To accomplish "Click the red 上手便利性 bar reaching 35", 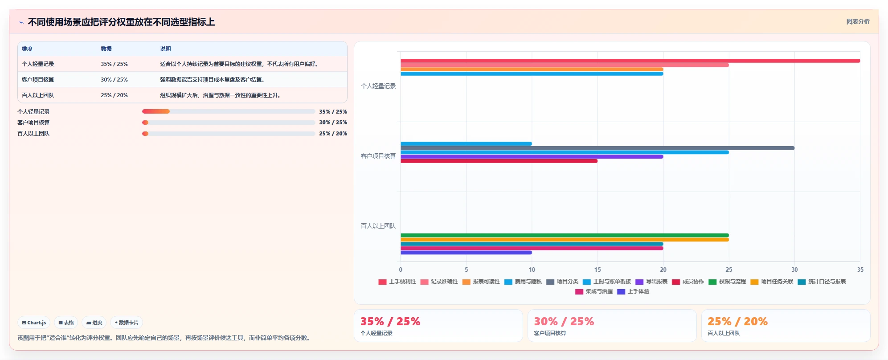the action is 630,61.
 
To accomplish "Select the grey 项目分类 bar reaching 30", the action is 597,148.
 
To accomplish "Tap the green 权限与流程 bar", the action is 565,235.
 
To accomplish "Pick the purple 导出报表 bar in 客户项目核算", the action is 532,157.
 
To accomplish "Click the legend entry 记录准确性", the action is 439,282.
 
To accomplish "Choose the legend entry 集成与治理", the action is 594,291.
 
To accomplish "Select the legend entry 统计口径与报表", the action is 822,282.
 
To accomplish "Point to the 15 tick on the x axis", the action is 597,270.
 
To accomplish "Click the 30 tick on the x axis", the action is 794,270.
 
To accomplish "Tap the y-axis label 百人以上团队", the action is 378,226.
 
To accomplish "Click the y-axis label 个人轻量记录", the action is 378,86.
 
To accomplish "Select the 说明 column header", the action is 165,49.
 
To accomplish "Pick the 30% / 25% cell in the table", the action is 114,80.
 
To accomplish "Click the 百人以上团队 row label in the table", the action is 38,95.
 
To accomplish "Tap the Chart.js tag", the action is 34,323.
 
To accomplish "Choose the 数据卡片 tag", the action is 127,323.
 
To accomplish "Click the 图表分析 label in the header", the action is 858,21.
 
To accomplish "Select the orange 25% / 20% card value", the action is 737,321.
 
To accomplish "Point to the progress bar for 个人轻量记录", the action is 229,111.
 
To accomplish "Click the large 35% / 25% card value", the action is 390,321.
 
